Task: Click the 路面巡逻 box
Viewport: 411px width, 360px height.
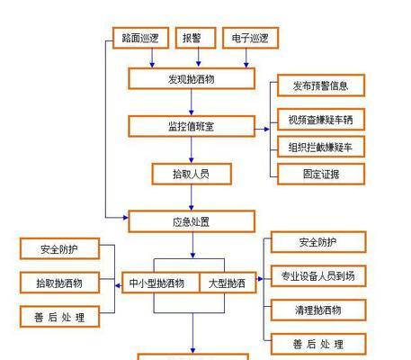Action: click(x=140, y=38)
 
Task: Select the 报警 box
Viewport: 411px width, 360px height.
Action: click(x=195, y=38)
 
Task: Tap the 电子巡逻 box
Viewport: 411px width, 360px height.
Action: click(x=250, y=38)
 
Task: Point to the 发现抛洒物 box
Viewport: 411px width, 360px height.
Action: click(x=192, y=78)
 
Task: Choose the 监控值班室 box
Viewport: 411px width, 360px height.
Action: click(x=192, y=126)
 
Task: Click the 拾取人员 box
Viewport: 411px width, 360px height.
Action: click(x=192, y=174)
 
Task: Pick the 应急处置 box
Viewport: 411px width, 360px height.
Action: click(x=192, y=221)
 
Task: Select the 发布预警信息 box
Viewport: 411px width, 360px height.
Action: click(x=321, y=85)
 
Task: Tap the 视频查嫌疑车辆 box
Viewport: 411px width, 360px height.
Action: click(x=321, y=120)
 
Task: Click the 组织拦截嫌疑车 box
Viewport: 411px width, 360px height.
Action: click(x=321, y=147)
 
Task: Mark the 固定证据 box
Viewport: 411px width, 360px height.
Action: click(x=321, y=174)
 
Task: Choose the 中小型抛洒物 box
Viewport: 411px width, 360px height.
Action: click(x=161, y=283)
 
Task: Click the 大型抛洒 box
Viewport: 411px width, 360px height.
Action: click(x=228, y=283)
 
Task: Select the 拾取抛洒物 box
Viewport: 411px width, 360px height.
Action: click(x=59, y=283)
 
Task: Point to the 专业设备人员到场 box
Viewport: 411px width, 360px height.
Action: click(x=318, y=276)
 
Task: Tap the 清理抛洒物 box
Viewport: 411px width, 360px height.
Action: click(x=318, y=310)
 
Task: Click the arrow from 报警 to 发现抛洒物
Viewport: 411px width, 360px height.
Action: click(x=198, y=58)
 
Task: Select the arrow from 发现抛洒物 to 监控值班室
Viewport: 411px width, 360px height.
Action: click(x=192, y=103)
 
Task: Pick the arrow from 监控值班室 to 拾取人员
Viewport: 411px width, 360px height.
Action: click(x=192, y=150)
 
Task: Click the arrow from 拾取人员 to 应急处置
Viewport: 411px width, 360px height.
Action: click(x=192, y=197)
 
